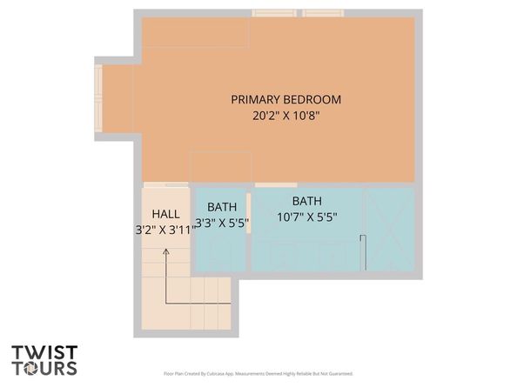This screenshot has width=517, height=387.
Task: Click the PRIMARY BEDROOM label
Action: click(285, 99)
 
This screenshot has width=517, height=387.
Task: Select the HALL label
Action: click(165, 215)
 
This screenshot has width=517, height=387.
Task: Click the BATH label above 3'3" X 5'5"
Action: click(222, 207)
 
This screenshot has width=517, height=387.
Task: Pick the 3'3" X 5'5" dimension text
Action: click(222, 223)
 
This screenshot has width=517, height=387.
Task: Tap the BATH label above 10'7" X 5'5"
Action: click(306, 201)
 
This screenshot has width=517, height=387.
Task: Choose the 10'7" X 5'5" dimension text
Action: click(306, 217)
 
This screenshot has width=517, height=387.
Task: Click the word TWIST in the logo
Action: click(44, 354)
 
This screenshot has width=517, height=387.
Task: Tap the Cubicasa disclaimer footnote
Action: click(258, 373)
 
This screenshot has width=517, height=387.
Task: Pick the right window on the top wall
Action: click(323, 13)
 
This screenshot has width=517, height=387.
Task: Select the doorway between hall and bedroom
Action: click(164, 184)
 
